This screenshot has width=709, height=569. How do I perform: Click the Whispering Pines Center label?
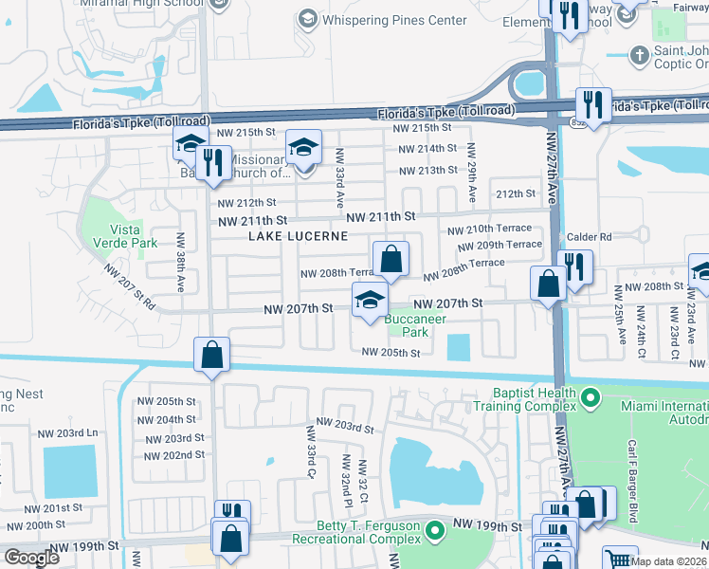[x=393, y=20]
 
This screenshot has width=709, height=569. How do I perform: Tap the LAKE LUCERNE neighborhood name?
[x=291, y=235]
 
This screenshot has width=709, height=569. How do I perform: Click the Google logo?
[x=31, y=558]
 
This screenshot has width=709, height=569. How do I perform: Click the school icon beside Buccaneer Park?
[x=370, y=302]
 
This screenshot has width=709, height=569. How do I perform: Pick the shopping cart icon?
[x=619, y=560]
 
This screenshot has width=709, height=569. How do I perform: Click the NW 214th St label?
[x=427, y=149]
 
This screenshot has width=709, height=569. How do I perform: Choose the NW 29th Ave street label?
[x=471, y=177]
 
